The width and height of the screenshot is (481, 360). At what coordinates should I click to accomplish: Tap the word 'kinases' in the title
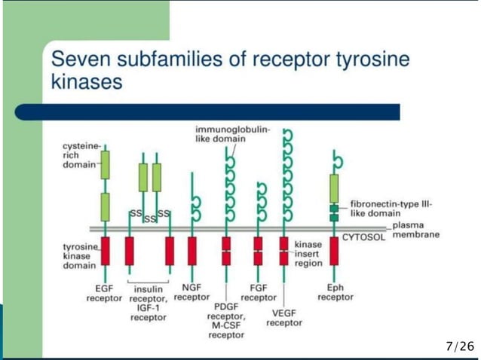point(86,81)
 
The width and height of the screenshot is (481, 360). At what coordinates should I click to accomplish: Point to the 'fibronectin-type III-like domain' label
point(391,209)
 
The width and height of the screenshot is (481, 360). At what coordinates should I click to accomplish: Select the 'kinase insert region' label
point(308,254)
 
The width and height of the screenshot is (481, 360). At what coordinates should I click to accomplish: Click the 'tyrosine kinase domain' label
point(78,256)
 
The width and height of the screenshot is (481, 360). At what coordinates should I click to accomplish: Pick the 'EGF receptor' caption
point(104,293)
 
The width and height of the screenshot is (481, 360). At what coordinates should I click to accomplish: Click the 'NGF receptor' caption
point(191,291)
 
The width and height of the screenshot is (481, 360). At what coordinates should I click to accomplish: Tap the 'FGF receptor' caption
point(258,292)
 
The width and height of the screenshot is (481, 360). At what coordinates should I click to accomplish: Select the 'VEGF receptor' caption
point(284,318)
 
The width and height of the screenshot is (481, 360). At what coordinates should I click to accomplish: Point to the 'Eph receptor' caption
point(335,292)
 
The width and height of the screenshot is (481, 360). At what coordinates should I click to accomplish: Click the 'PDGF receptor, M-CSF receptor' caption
point(226,321)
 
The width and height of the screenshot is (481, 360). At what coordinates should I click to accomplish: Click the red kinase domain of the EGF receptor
point(105,251)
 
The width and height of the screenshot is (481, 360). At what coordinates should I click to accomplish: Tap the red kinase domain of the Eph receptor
point(334,251)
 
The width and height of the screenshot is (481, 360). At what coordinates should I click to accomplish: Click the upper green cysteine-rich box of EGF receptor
point(105,163)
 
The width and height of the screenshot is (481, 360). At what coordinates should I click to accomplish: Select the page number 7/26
point(460,346)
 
